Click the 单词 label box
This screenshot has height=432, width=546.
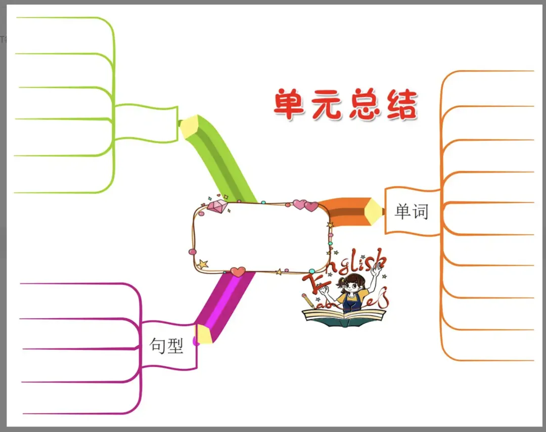pos(412,211)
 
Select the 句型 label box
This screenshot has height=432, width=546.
pos(167,345)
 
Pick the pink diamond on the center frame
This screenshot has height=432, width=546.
pos(217,206)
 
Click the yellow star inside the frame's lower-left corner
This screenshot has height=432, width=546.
pos(203,264)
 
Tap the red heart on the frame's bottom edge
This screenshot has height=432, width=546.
pos(238,272)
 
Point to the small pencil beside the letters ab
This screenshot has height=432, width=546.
pos(308,301)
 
